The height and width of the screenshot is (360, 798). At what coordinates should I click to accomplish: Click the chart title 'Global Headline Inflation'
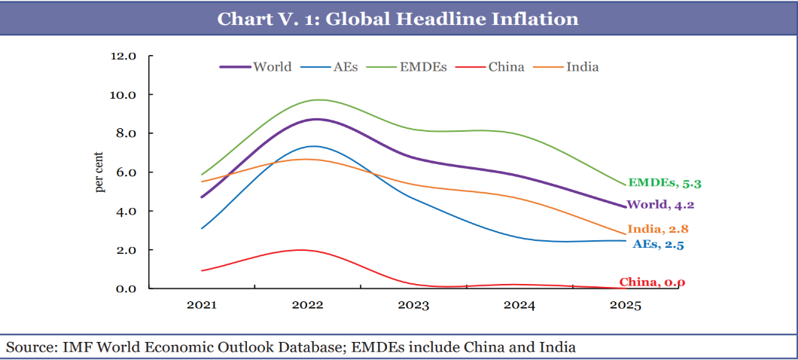398,18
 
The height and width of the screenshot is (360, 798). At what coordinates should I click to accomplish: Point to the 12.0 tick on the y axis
123,56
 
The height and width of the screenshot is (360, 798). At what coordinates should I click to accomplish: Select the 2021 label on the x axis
202,306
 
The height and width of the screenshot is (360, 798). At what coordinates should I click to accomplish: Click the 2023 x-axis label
413,306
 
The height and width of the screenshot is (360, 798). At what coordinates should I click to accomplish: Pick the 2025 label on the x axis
625,306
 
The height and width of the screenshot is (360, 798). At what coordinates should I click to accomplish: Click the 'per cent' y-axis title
100,172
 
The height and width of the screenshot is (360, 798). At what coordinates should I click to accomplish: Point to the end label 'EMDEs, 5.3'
670,183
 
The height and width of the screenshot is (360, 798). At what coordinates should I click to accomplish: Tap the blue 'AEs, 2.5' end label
657,244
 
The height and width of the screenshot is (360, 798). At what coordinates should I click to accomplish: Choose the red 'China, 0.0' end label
652,282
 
